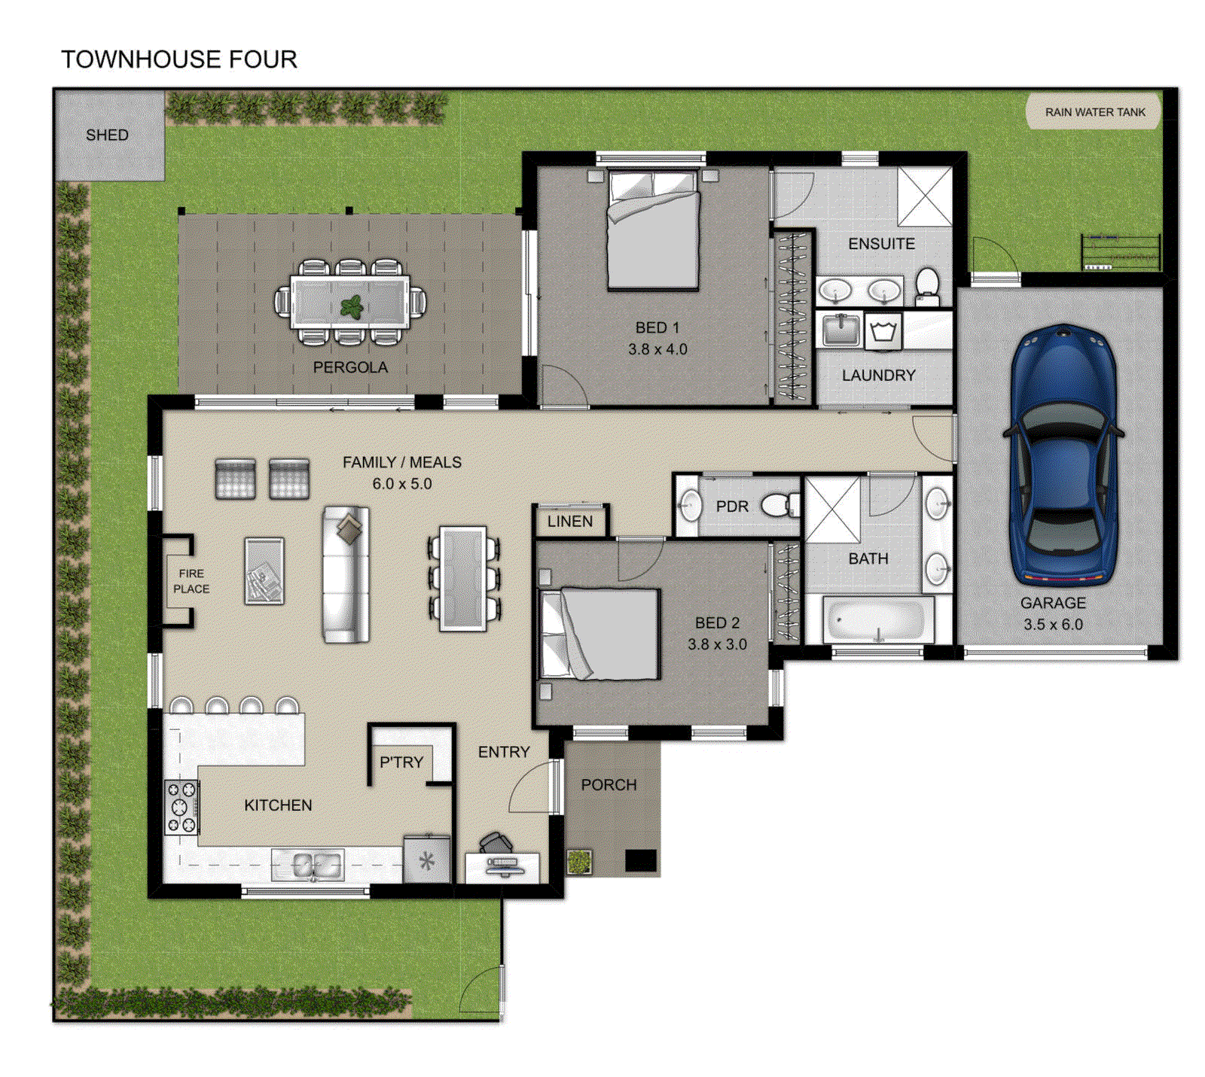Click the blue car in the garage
(1062, 455)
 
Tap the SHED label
(107, 135)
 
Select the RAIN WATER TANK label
(1094, 112)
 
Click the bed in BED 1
(653, 230)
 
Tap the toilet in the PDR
(776, 505)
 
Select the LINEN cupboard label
(569, 521)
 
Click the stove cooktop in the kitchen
(182, 808)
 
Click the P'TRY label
(401, 762)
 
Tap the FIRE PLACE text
(191, 581)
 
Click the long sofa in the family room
(346, 573)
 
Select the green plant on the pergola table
(352, 306)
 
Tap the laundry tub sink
(840, 330)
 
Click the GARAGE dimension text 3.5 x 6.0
(1053, 624)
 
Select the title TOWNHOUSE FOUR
(179, 59)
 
